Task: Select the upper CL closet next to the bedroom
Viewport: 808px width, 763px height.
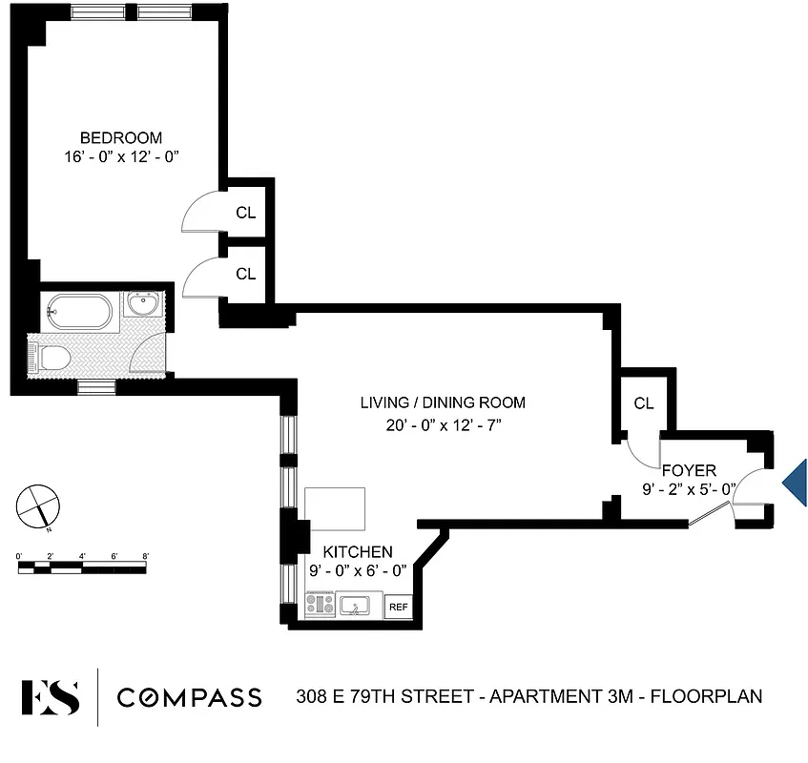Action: [x=246, y=213]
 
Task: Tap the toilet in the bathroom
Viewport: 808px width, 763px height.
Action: [x=53, y=358]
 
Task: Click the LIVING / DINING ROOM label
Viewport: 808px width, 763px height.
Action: [x=442, y=402]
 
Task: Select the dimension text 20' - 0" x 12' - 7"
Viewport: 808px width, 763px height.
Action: [x=442, y=425]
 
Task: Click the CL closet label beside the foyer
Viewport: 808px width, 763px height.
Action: [x=644, y=403]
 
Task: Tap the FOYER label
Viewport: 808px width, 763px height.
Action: [x=688, y=471]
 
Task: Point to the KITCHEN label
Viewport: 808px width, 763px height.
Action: [x=358, y=552]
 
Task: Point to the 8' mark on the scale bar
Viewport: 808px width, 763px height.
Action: [x=145, y=555]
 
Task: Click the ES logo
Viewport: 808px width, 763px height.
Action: [x=51, y=696]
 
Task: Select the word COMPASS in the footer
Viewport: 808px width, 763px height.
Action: [x=189, y=697]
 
